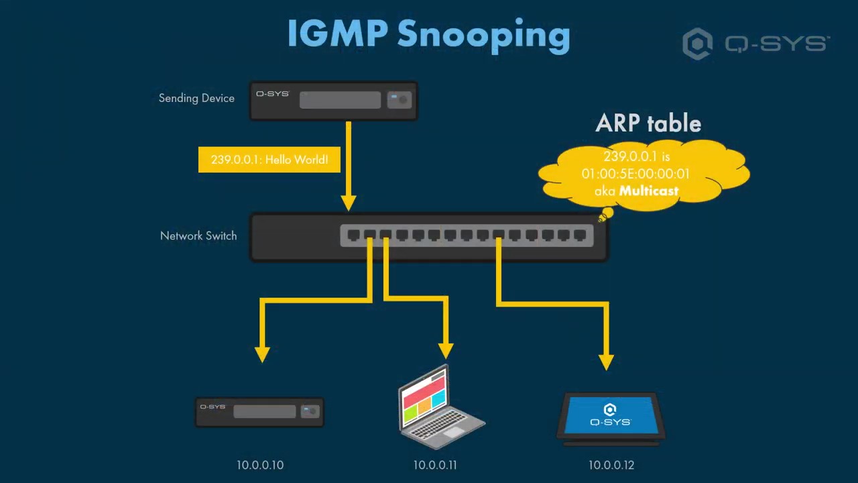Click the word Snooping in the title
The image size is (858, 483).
[483, 34]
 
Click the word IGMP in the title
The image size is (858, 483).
[337, 34]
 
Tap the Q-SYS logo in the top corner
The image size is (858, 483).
[756, 44]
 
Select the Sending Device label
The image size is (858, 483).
[196, 98]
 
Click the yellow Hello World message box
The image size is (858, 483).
[269, 160]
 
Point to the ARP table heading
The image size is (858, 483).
[648, 123]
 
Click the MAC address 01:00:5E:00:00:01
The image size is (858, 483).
[635, 174]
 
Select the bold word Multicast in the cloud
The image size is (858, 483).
[649, 191]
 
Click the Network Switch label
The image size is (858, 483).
[198, 235]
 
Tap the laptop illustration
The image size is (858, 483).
[439, 407]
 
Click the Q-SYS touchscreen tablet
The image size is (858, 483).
[610, 417]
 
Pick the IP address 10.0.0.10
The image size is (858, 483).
[260, 465]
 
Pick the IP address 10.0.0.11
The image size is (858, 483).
[435, 465]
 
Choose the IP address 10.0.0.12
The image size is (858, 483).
[611, 465]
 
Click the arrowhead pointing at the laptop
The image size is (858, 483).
[446, 351]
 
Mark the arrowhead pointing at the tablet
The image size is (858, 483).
[606, 362]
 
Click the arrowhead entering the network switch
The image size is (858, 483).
[348, 202]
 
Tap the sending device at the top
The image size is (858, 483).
[334, 101]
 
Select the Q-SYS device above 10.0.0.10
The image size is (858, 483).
[260, 412]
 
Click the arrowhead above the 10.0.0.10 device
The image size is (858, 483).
[262, 354]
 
